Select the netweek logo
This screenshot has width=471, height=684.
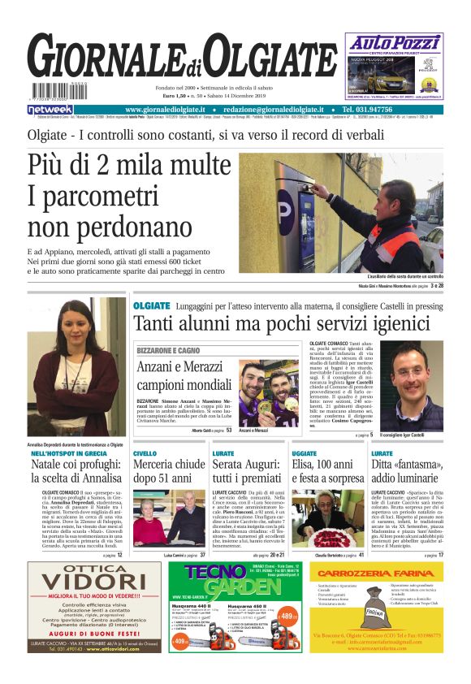[x=50, y=110]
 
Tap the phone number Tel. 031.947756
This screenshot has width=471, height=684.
[x=375, y=110]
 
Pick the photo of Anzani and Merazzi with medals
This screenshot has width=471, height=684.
[x=268, y=393]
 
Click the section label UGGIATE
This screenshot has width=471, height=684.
[x=305, y=453]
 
